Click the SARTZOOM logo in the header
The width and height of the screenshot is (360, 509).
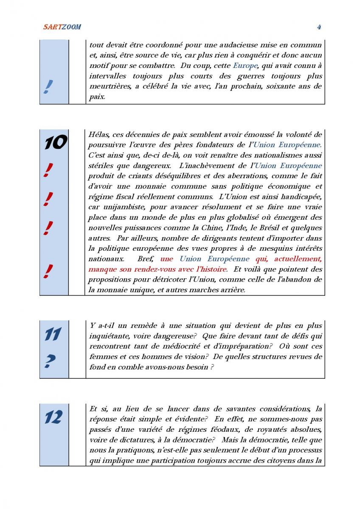pyautogui.click(x=62, y=27)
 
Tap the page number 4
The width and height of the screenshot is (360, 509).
pyautogui.click(x=319, y=27)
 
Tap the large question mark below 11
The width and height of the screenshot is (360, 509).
pyautogui.click(x=50, y=361)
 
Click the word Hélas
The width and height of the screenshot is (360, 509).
pyautogui.click(x=99, y=135)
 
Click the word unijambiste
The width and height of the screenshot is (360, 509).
pyautogui.click(x=118, y=207)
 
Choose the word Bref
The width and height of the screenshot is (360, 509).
pyautogui.click(x=146, y=259)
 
